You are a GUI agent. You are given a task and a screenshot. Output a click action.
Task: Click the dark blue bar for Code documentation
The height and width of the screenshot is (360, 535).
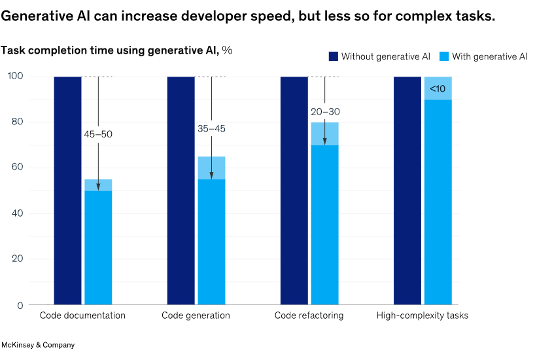pos(67,190)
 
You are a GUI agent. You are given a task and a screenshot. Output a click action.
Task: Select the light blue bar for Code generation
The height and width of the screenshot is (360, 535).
pos(211,236)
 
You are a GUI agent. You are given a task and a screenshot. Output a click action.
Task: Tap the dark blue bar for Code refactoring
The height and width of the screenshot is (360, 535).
pos(294,190)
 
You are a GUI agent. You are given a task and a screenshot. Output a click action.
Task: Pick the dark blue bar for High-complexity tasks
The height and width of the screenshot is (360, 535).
pos(407,190)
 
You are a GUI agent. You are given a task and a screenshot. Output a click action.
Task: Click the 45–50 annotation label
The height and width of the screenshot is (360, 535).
pos(98,134)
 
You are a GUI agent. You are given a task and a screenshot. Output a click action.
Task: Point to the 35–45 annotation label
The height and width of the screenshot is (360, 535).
pos(211,129)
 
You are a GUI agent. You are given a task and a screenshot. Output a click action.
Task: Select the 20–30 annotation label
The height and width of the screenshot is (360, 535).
pos(325,112)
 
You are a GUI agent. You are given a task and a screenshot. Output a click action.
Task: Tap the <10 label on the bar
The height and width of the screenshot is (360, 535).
pos(438,88)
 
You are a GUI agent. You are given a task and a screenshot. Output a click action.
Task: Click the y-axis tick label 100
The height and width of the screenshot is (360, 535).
pos(15,77)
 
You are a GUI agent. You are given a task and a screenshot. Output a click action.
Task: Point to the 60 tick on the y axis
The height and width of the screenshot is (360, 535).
pos(18,168)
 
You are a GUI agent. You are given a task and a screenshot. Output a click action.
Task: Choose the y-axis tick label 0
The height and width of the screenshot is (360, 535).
pos(20,305)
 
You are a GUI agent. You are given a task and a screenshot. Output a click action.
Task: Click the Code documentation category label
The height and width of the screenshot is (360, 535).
pos(82,315)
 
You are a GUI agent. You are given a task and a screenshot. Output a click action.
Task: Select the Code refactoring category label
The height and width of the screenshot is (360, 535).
pos(309,315)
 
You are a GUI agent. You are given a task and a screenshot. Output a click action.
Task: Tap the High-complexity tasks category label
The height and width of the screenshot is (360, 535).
pos(423,315)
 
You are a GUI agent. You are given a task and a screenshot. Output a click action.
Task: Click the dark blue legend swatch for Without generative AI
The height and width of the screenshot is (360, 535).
pos(333,57)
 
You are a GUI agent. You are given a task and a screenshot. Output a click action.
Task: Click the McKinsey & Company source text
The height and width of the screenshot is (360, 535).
pos(38,345)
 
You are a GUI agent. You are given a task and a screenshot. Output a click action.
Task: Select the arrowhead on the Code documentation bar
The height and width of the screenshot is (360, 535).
pos(98,187)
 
